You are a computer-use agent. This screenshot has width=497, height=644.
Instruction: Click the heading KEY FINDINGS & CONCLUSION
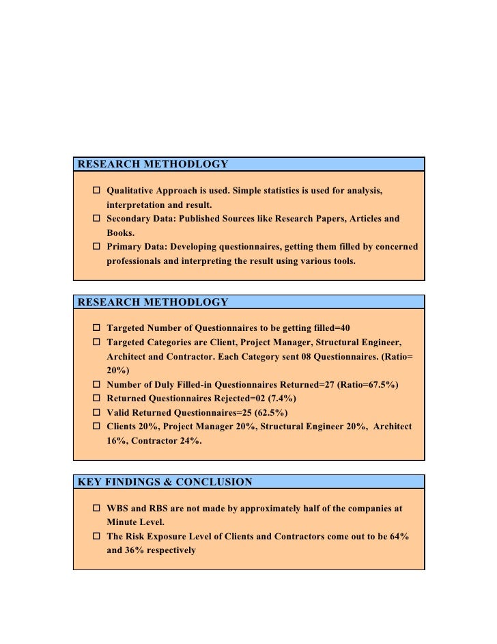click(x=165, y=482)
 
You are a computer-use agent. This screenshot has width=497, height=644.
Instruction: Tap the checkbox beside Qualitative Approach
click(x=96, y=190)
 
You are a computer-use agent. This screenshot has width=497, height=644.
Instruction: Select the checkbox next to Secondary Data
click(x=96, y=219)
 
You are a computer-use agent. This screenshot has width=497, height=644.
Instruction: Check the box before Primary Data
click(x=96, y=246)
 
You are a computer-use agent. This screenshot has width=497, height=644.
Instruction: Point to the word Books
click(x=120, y=232)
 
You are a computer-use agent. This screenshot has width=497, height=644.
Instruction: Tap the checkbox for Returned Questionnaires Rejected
click(x=96, y=398)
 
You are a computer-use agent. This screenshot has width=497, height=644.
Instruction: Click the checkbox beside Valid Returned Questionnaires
click(x=96, y=412)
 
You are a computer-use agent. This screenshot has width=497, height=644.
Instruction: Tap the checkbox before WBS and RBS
click(x=96, y=509)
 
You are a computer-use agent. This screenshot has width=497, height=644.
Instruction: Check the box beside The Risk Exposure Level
click(x=96, y=536)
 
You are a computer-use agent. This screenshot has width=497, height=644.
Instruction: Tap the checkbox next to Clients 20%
click(x=96, y=426)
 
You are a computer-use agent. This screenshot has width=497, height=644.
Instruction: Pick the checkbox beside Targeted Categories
click(x=96, y=341)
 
